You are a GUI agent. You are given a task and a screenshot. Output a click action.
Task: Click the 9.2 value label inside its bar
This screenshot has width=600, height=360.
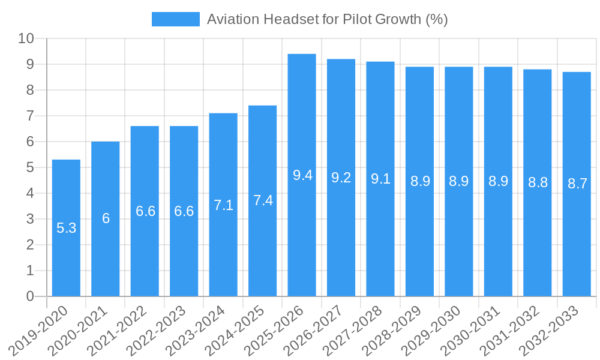341,178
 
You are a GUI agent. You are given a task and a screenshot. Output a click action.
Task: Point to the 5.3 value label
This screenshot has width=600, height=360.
66,228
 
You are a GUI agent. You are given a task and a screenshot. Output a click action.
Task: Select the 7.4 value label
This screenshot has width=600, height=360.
263,200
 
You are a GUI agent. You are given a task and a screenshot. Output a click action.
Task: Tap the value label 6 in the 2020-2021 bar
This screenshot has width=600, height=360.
106,218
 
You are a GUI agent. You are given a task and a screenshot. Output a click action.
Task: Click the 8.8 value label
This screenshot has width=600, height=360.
538,182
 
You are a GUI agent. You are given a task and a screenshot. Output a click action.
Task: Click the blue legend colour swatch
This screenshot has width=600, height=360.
175,19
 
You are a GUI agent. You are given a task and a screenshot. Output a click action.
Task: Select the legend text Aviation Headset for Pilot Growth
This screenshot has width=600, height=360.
327,19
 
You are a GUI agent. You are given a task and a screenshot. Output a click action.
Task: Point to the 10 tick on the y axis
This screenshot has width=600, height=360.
26,38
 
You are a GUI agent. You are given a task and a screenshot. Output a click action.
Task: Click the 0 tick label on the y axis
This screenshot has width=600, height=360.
30,296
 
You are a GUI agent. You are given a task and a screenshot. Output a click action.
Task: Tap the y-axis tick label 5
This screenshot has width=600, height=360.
30,167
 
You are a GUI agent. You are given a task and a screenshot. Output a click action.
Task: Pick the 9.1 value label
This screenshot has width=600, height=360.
380,179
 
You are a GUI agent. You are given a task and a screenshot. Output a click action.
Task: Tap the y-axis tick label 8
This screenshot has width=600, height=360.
30,90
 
